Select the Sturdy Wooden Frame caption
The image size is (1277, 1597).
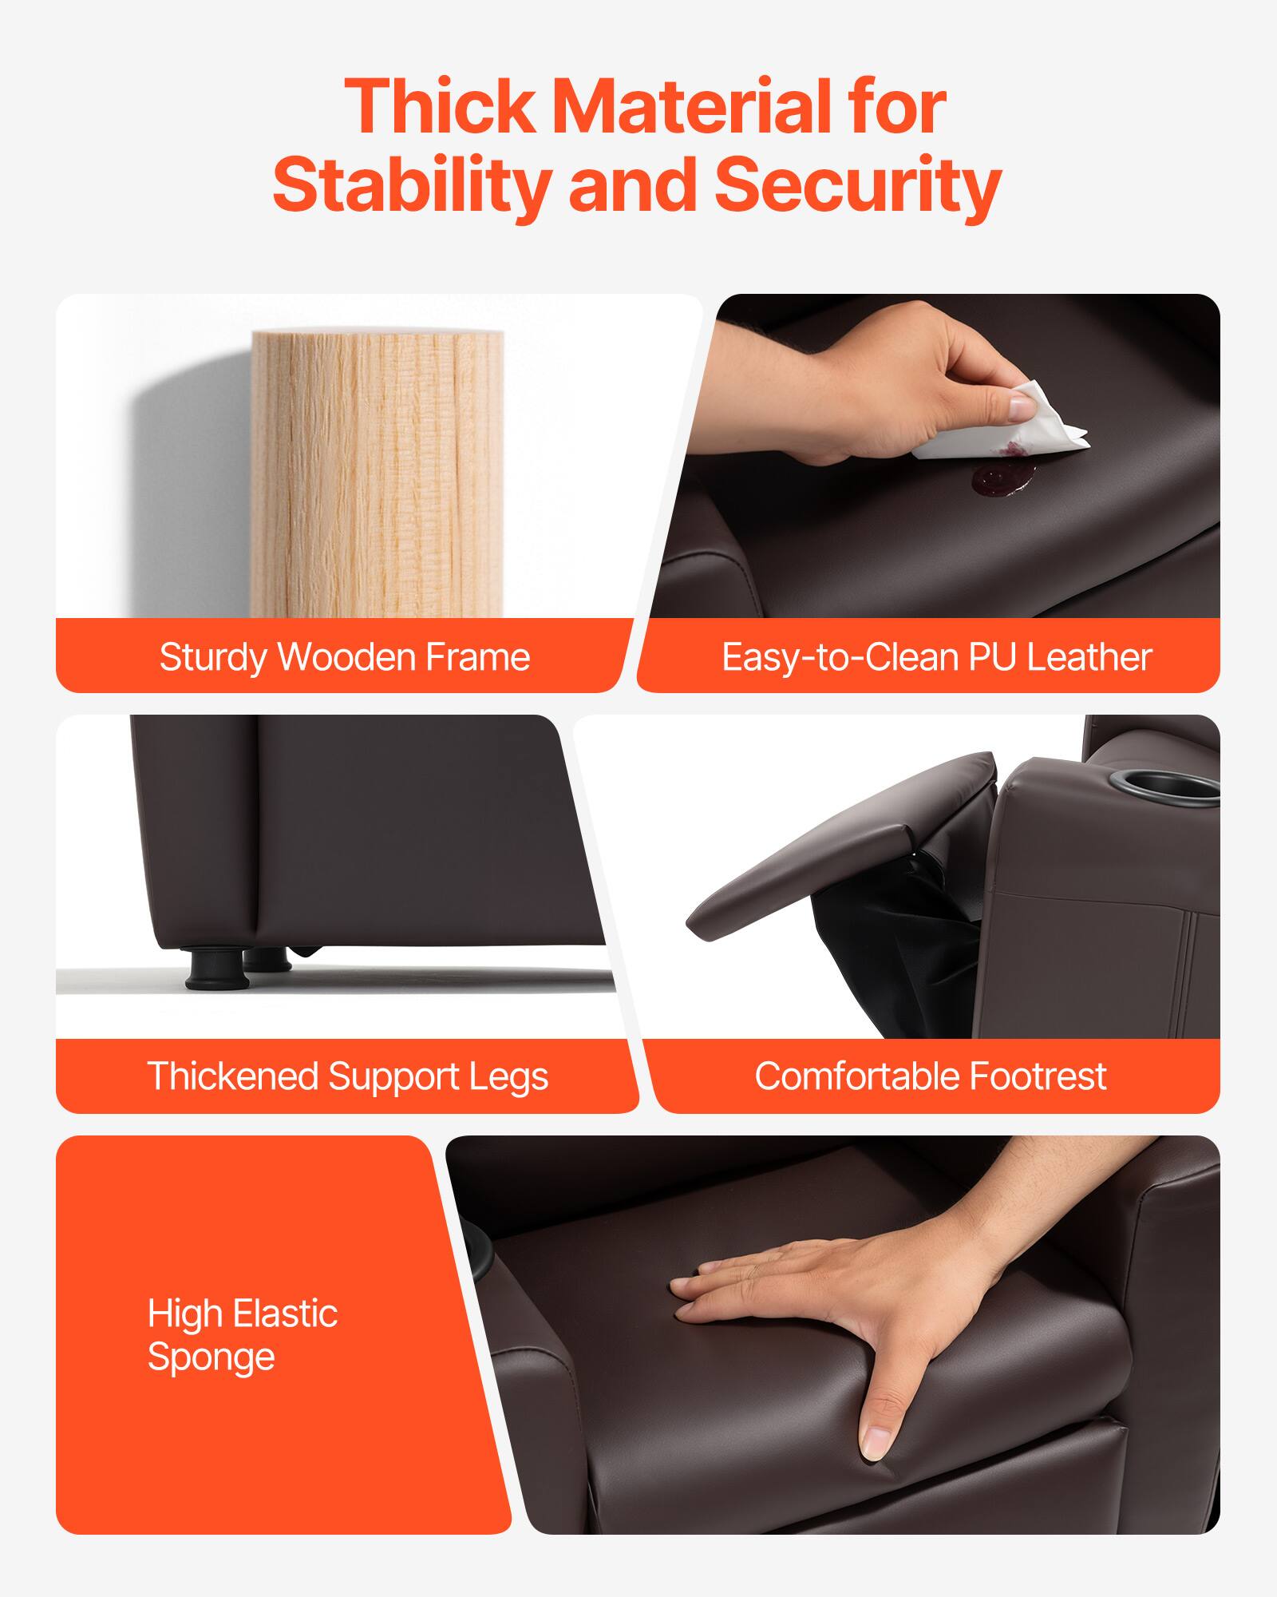pos(344,657)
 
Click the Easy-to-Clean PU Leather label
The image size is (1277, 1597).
pos(936,657)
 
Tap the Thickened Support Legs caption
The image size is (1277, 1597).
pos(347,1076)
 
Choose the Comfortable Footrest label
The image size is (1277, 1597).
pos(930,1076)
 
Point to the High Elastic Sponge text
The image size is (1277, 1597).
pos(242,1336)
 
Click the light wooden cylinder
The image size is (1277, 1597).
pos(377,471)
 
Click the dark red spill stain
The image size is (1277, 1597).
pos(1002,478)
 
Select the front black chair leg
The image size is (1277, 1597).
pos(206,968)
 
